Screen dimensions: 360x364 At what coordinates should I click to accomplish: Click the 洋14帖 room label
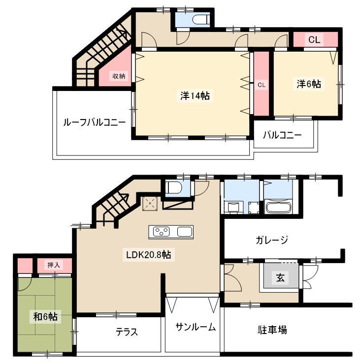coord(195,95)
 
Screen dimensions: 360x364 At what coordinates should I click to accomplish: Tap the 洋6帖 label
coord(309,84)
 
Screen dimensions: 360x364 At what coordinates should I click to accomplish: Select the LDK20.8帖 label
coord(149,255)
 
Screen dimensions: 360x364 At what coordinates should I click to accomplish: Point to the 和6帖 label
coord(45,316)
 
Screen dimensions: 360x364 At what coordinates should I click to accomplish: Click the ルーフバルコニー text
coord(95,122)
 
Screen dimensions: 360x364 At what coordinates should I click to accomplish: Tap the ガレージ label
coord(272,240)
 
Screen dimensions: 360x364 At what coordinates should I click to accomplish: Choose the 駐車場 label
coord(272,330)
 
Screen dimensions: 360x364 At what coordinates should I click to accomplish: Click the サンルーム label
coord(196,327)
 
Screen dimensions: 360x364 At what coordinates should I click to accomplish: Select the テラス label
coord(127,332)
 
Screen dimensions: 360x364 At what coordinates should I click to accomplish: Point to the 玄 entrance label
coord(280,277)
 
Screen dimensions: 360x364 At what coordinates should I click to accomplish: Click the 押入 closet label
coord(54,265)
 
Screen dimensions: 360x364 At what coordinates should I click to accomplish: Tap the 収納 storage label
coord(119,76)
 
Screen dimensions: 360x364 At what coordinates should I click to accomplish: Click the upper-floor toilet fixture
coord(201,20)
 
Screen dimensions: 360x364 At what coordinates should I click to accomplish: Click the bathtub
coord(278,207)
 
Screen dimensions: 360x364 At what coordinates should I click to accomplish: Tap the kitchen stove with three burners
coord(161,232)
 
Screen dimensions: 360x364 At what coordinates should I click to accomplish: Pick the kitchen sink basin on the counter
coord(185,232)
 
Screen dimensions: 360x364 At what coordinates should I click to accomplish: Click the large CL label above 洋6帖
coord(314,40)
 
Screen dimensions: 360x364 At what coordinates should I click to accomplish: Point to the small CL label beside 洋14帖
coord(262,85)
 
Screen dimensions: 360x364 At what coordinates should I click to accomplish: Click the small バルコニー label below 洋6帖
coord(282,135)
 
